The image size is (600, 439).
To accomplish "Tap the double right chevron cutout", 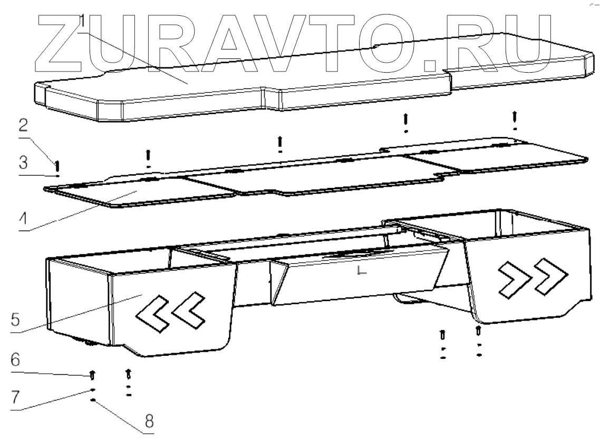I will point(533,276).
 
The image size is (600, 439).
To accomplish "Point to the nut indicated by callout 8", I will point(93,401).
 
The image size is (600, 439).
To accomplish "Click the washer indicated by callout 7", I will point(93,391).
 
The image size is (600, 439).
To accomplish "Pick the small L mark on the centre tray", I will point(361,271).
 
